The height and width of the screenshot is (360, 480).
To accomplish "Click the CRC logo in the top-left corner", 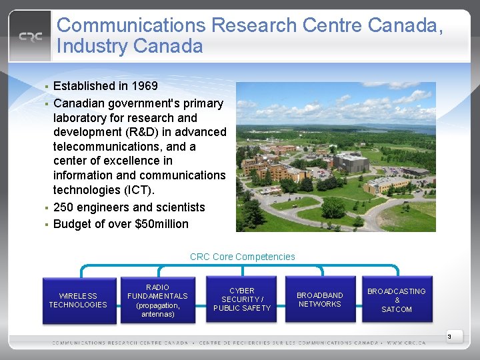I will [x=31, y=37].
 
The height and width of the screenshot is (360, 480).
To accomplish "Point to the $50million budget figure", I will [x=163, y=224].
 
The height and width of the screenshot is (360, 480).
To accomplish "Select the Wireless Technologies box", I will [x=78, y=301].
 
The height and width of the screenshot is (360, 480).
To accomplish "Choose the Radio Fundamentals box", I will [x=158, y=301].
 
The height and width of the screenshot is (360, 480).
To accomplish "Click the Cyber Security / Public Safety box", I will [x=242, y=300].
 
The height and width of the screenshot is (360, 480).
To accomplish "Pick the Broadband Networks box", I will [x=320, y=300].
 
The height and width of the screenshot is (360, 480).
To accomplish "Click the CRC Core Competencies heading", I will [x=242, y=257].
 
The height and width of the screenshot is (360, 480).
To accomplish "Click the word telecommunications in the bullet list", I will [x=110, y=147].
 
